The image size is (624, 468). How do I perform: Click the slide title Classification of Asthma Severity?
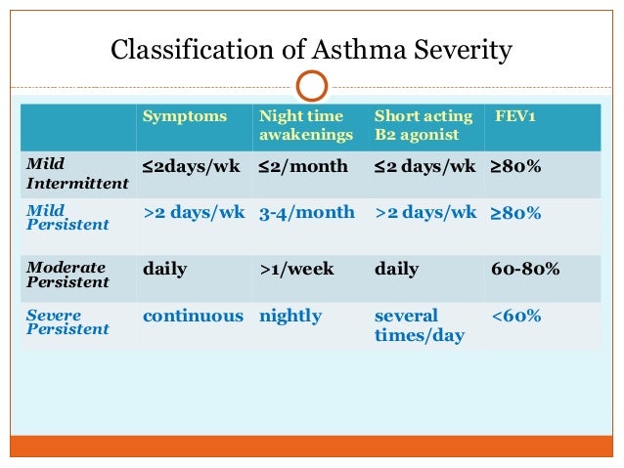click(311, 49)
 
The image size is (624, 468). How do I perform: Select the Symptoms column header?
click(184, 116)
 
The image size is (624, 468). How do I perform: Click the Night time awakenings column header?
click(301, 125)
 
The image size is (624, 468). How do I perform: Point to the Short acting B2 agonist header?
click(423, 125)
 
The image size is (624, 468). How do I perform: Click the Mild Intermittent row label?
click(77, 174)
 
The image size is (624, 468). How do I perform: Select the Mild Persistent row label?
click(67, 217)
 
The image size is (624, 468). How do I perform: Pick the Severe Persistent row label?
click(67, 322)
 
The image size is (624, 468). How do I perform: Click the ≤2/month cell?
click(303, 166)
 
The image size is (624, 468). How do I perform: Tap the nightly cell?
click(290, 317)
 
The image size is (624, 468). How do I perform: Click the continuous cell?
click(193, 317)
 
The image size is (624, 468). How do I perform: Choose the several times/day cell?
click(419, 325)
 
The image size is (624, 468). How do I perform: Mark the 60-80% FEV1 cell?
click(524, 269)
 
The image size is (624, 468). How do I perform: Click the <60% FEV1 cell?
click(515, 317)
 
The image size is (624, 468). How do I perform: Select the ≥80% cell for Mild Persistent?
click(514, 212)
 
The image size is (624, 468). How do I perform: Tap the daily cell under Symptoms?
click(166, 269)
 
